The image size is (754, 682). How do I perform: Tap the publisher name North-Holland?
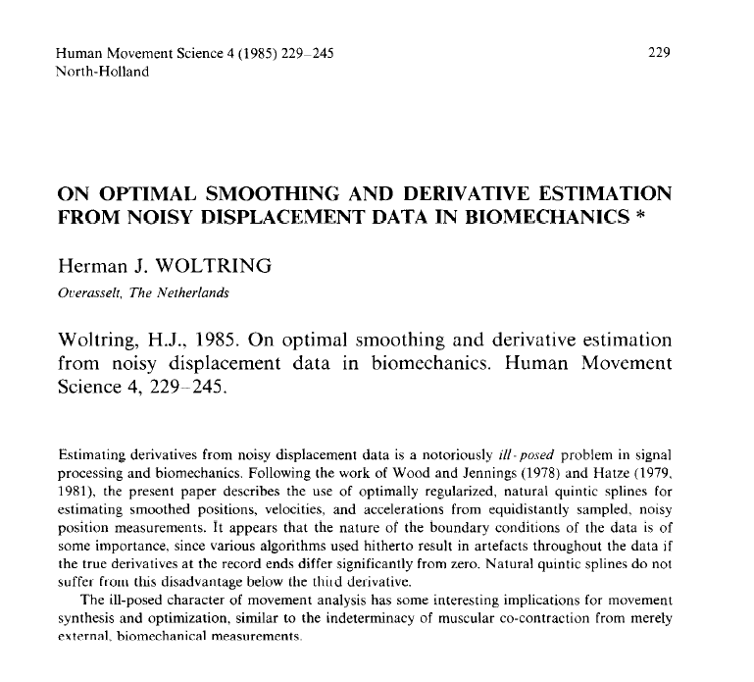tap(103, 72)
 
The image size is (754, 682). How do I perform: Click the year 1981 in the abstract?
tap(77, 492)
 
